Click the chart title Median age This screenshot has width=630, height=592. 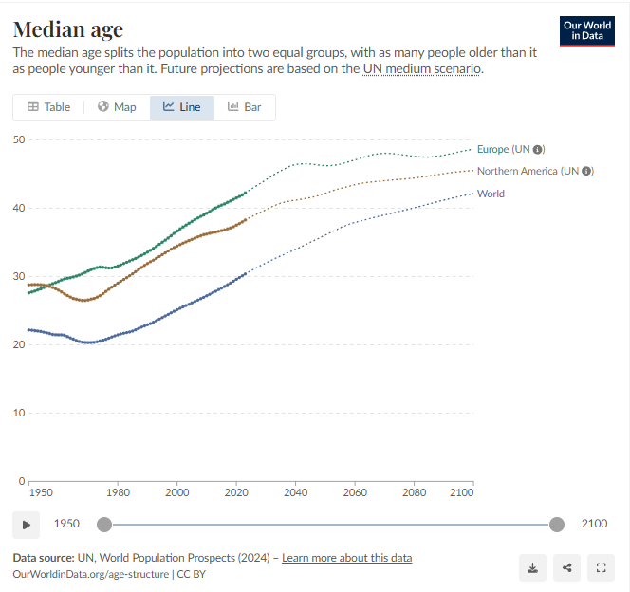(67, 30)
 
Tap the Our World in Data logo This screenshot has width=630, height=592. (587, 30)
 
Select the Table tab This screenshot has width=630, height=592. (48, 107)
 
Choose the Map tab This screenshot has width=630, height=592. (117, 107)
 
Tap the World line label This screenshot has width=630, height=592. (491, 194)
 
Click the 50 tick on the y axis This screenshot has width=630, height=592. (18, 139)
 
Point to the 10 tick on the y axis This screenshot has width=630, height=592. (18, 413)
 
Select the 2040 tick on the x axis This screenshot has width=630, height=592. (295, 493)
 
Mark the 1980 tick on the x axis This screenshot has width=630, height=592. (118, 493)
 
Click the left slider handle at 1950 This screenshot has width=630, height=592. (104, 524)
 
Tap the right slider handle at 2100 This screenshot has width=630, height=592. (557, 524)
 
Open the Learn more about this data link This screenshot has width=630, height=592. (347, 558)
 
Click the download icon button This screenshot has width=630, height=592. (532, 567)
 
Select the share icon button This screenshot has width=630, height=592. (566, 567)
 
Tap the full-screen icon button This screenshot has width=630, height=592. (601, 567)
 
